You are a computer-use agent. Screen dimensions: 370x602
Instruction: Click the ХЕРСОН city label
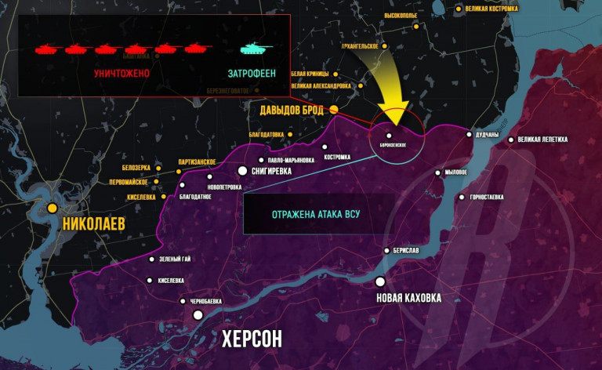[252, 339]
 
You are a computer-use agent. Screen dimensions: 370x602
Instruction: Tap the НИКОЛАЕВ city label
[93, 223]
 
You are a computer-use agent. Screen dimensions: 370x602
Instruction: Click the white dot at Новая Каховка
[380, 281]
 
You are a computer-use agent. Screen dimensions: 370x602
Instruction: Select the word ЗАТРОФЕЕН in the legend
[252, 73]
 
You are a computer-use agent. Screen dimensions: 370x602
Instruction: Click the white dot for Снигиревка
[243, 170]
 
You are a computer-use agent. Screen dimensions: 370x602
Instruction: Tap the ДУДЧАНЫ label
[488, 134]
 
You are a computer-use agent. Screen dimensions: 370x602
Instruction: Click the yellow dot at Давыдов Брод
[334, 109]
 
